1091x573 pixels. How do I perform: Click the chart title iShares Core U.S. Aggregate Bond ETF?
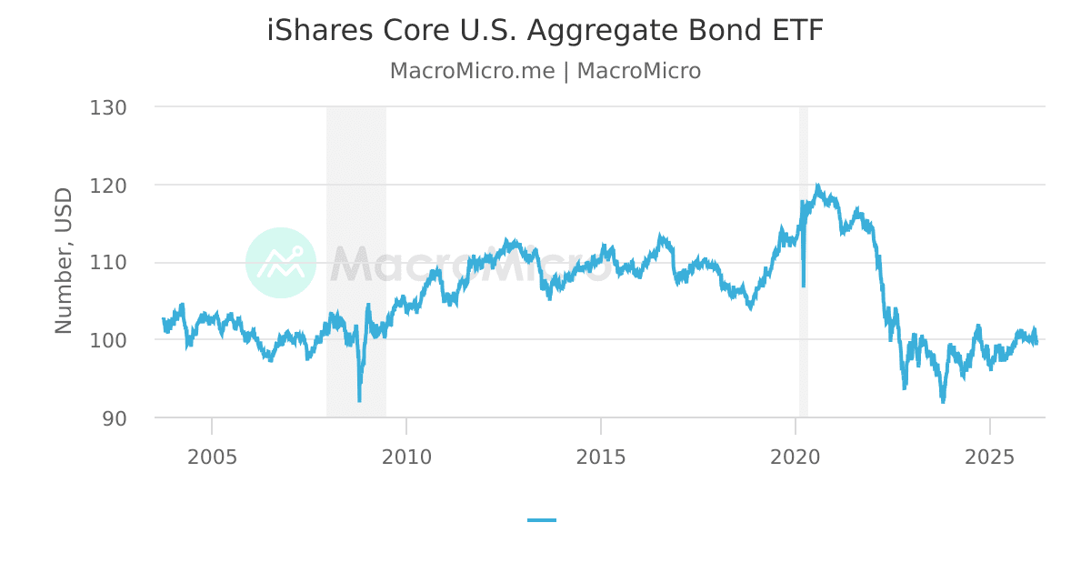545,31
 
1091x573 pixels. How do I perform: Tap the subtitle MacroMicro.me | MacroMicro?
545,71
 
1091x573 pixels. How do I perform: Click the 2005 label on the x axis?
212,456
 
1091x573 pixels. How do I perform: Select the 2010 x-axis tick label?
406,456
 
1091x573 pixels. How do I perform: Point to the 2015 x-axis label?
601,456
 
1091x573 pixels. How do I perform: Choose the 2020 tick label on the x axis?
796,456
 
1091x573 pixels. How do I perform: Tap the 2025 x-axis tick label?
990,456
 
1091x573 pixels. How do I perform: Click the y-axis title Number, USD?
64,261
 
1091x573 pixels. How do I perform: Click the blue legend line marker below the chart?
542,520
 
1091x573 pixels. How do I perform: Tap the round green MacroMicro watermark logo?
281,263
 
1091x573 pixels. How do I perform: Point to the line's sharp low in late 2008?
359,400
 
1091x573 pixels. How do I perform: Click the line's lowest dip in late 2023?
943,401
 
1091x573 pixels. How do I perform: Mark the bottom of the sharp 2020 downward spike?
803,286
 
